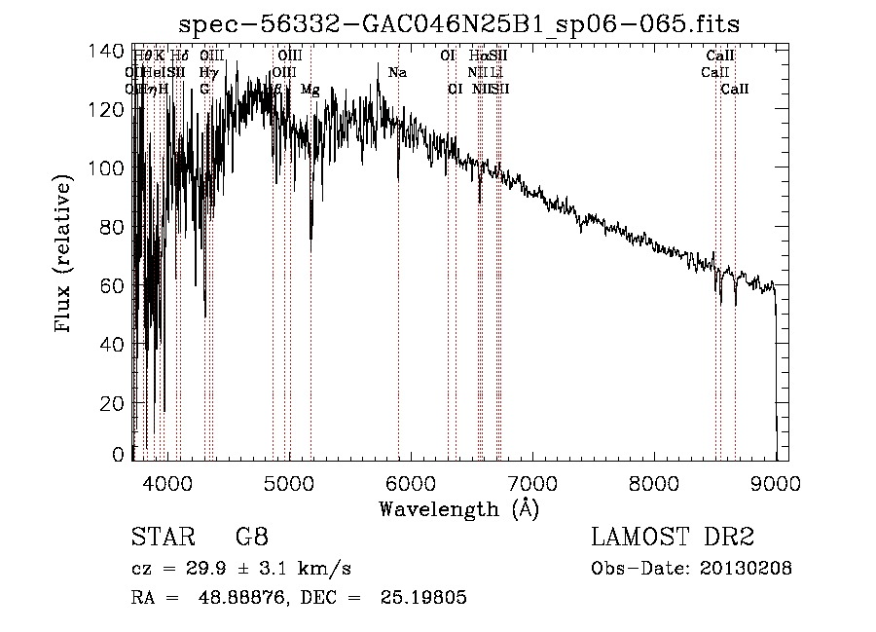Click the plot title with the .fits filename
[x=466, y=23]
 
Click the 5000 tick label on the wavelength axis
[x=289, y=482]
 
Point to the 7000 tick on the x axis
[x=531, y=482]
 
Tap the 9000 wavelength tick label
[x=775, y=482]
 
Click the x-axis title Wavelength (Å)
[x=458, y=508]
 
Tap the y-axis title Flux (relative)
[x=65, y=255]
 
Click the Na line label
[x=397, y=73]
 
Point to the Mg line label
[x=310, y=90]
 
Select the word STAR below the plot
[x=157, y=538]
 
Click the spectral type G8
[x=251, y=538]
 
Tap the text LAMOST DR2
[x=673, y=538]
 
